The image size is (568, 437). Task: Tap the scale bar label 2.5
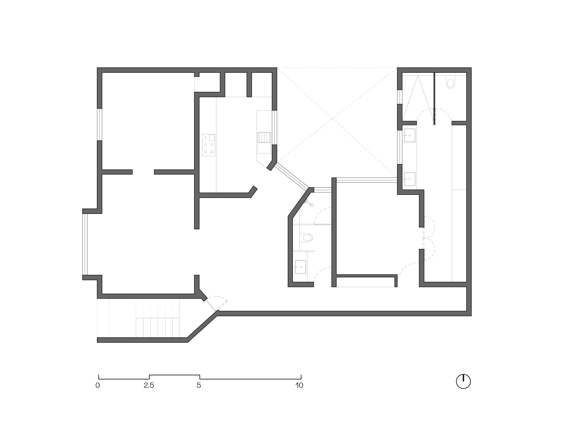(149, 385)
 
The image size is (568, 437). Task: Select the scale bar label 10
(299, 385)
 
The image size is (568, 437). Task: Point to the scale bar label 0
(98, 385)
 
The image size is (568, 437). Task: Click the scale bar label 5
(199, 385)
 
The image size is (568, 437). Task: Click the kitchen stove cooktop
(209, 145)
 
